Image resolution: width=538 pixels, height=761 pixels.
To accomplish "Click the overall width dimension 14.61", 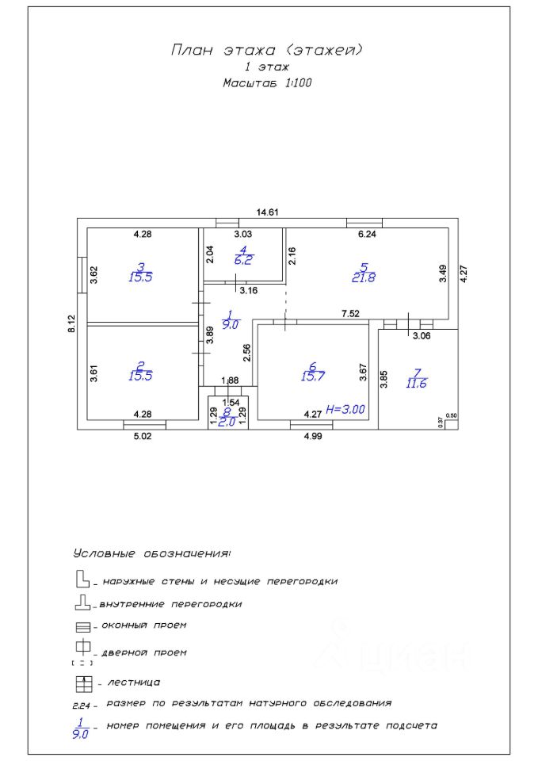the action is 267,212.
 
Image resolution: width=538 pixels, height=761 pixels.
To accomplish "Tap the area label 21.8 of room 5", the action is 364,278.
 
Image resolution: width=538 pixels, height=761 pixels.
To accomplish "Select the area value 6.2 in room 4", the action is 243,260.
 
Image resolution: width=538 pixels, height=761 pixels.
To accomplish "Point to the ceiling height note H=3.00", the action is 345,409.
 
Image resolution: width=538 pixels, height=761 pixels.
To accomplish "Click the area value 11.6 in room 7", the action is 416,384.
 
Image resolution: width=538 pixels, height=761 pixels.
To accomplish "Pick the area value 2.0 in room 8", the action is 227,423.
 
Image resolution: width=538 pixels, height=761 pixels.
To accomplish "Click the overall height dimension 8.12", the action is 72,323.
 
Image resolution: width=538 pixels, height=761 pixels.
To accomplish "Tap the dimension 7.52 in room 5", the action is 350,314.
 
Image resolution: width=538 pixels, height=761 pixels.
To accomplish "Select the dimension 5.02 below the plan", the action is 143,436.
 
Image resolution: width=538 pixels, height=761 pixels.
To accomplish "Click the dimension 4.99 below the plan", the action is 313,436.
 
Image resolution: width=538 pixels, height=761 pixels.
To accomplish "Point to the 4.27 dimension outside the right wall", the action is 464,273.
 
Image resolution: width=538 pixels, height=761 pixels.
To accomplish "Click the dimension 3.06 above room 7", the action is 421,335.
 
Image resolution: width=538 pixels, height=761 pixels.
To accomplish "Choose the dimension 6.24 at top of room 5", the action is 367,234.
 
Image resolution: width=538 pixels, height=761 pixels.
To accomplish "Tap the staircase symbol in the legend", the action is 84,684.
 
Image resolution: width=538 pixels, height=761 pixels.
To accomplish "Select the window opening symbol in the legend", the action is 83,627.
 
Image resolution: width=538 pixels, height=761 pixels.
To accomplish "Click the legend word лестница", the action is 133,683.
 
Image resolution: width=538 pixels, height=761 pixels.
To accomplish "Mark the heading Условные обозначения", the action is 152,553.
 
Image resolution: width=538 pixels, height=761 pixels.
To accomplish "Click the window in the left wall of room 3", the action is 82,275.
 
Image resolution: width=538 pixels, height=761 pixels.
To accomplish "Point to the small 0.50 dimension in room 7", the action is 451,416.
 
